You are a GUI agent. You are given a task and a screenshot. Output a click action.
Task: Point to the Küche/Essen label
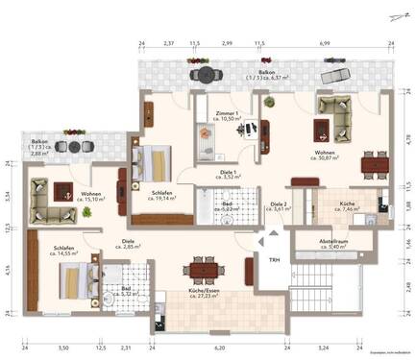(x=207, y=291)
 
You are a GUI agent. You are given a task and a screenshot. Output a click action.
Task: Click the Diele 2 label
(x=280, y=204)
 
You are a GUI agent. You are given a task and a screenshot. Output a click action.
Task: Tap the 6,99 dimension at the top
(x=326, y=43)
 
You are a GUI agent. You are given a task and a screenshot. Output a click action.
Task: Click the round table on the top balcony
(x=203, y=75)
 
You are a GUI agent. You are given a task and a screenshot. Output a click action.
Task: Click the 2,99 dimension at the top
(x=227, y=43)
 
